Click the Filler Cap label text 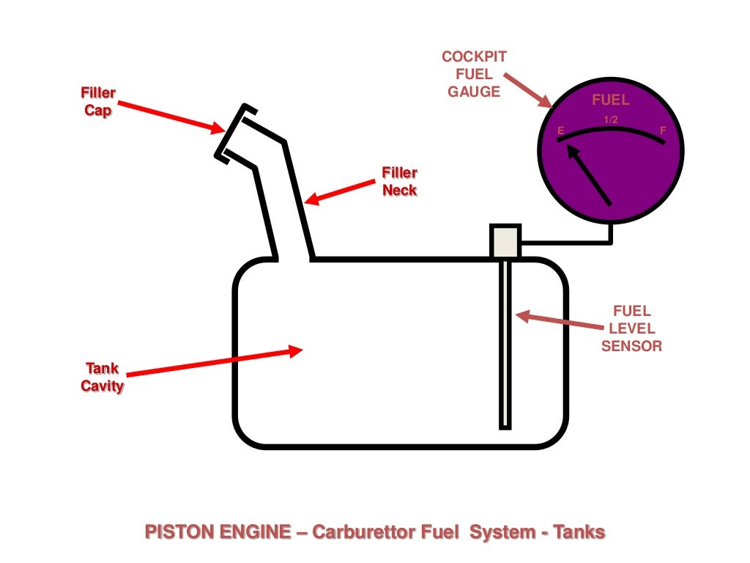point(98,103)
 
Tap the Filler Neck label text point(399,181)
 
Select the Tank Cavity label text point(102,377)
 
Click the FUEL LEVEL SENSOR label point(631,328)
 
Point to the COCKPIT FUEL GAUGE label point(474,74)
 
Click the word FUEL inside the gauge point(610,101)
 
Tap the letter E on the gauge point(561,131)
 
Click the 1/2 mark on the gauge point(611,119)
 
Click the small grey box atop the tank point(505,241)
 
